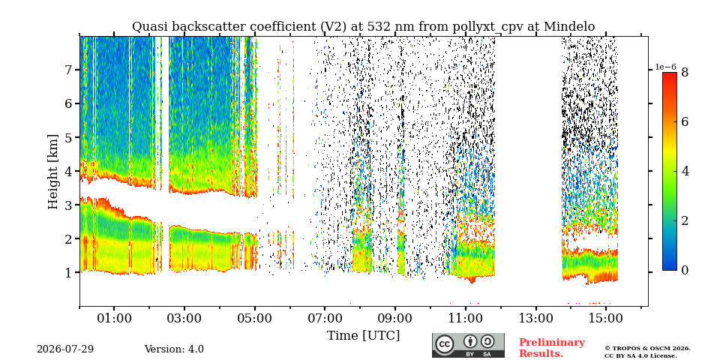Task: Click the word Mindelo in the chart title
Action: click(569, 27)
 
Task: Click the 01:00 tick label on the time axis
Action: click(114, 318)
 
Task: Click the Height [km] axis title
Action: click(53, 172)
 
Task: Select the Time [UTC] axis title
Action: click(363, 336)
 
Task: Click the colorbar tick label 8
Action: click(685, 72)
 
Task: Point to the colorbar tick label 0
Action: click(685, 271)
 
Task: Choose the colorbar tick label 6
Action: click(685, 121)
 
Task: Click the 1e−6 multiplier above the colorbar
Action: click(665, 67)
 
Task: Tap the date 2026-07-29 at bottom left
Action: click(65, 349)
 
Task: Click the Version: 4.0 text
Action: click(174, 349)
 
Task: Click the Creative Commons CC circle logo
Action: click(445, 345)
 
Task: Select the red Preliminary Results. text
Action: click(552, 348)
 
